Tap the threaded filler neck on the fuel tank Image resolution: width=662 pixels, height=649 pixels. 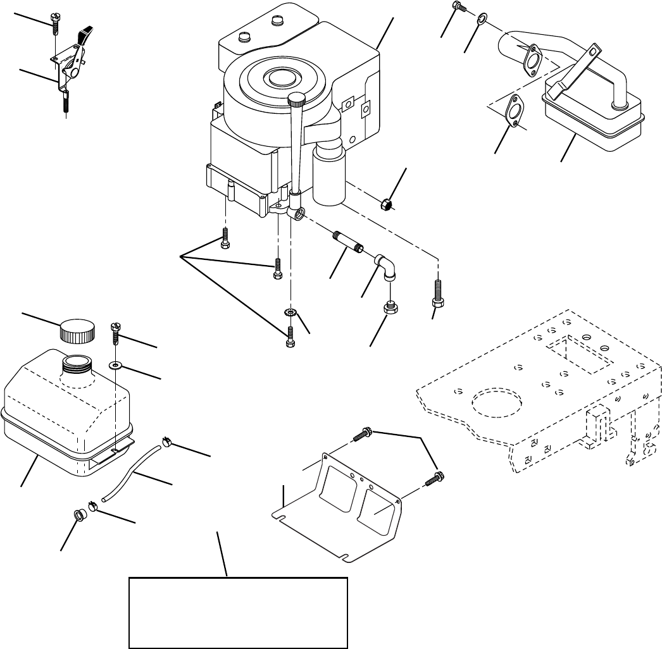tap(75, 363)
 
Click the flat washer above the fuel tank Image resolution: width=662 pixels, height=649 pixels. tap(116, 365)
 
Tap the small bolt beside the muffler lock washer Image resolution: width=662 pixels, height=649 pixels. tap(458, 7)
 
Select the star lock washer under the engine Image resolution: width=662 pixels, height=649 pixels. tap(290, 312)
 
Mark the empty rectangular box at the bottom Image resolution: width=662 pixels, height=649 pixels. tap(238, 612)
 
